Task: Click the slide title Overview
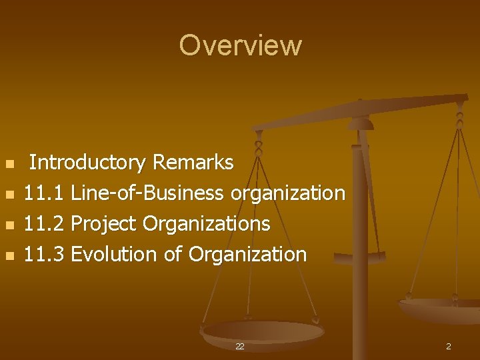coord(240,45)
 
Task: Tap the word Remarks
coord(193,163)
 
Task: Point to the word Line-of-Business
coord(147,193)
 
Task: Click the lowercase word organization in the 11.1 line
coord(287,193)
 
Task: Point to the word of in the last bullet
coord(173,255)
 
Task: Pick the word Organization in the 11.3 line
coord(247,255)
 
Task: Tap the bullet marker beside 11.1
coord(9,195)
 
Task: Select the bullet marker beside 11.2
coord(9,225)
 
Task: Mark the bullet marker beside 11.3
coord(9,256)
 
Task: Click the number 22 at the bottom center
coord(239,347)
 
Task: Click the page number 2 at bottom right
coord(448,347)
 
